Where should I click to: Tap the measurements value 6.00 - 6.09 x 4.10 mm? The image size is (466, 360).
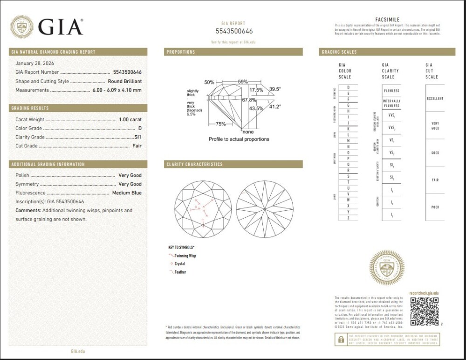point(116,90)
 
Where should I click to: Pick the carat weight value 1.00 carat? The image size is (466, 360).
point(130,119)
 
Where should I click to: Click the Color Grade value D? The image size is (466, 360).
point(139,128)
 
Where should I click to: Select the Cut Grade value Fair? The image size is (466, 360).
point(137,146)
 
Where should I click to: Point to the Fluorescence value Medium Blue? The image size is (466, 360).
point(127,193)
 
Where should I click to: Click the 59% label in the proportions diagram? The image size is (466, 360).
point(243,82)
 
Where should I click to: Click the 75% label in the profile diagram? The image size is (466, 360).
point(221,124)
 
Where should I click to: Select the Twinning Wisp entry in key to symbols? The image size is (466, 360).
point(185,256)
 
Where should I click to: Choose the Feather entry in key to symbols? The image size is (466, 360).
point(180,272)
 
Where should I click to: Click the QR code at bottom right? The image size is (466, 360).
point(425,312)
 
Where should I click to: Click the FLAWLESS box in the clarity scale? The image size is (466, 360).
point(391,90)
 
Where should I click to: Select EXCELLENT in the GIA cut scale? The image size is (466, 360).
point(435,99)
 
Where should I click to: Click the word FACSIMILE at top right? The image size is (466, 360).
point(387,19)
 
